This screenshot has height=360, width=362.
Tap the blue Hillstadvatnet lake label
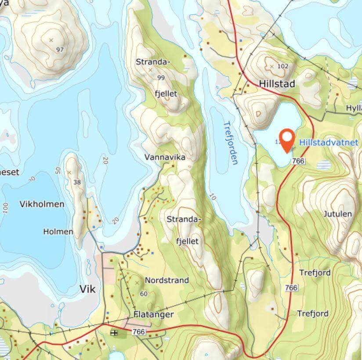click(329, 142)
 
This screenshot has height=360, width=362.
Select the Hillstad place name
click(277, 83)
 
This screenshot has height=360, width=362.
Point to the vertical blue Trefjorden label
click(230, 143)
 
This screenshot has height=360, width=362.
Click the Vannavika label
click(165, 157)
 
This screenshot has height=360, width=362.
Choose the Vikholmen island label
click(42, 204)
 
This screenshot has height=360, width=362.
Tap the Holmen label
click(58, 231)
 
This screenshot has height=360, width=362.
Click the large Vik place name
click(87, 288)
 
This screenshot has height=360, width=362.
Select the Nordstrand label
click(167, 280)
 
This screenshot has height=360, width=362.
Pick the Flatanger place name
click(154, 314)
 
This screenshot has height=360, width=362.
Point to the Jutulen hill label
click(337, 214)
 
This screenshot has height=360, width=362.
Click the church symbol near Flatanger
click(114, 333)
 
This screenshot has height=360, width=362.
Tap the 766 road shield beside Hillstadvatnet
click(298, 161)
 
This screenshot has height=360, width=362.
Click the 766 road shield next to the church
click(139, 332)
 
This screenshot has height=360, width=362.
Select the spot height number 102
click(283, 66)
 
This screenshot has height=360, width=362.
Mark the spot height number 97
click(60, 49)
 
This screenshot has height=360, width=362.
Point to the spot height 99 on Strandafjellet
click(160, 78)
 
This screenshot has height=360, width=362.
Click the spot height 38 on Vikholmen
click(77, 182)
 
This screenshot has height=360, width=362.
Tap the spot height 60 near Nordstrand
click(143, 293)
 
